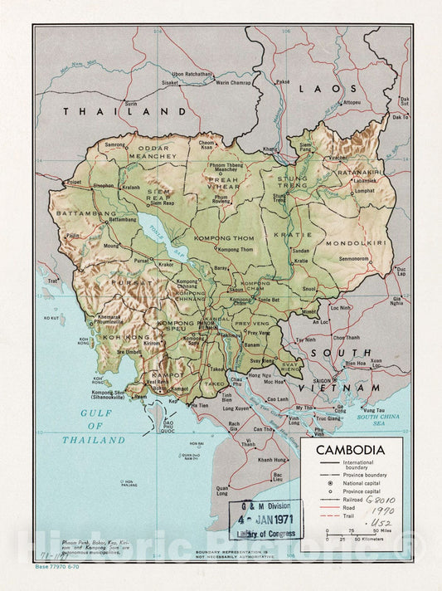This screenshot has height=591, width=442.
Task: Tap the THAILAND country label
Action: [127, 110]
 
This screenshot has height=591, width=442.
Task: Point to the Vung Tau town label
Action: [375, 409]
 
